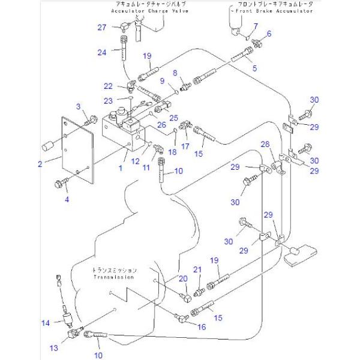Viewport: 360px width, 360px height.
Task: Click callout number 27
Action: (102, 27)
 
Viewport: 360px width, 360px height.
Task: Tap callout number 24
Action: (102, 52)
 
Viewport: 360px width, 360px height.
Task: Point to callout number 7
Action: (255, 26)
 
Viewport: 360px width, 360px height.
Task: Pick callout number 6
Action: (269, 34)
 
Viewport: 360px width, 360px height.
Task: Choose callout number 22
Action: (109, 86)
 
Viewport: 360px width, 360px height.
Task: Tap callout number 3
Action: (77, 106)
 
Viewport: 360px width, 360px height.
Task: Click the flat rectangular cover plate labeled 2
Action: (75, 150)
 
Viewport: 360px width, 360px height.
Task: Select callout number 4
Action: (67, 199)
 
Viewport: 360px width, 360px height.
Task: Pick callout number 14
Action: (46, 323)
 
